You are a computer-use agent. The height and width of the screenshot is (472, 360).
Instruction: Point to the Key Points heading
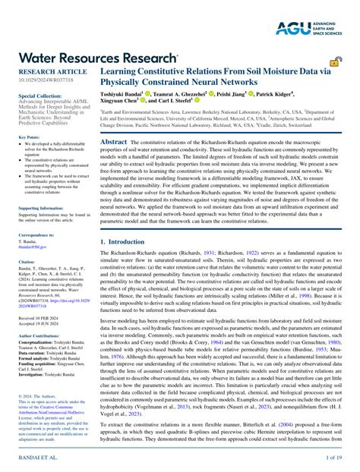click(28, 137)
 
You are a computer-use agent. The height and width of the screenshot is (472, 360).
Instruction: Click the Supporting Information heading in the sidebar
click(40, 207)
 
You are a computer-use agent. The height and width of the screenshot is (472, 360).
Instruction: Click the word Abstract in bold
click(113, 142)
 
